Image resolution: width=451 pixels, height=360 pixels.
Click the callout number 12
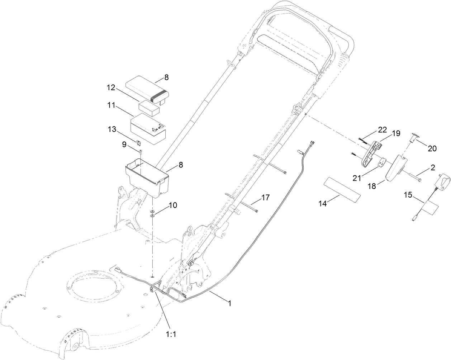point(111,87)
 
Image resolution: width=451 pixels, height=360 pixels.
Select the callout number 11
point(111,105)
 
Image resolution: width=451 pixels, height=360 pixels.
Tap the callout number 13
point(112,129)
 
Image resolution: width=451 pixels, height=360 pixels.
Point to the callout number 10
point(173,205)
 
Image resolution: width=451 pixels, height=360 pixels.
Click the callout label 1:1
point(171,334)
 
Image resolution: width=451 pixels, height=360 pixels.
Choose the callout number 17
point(265,198)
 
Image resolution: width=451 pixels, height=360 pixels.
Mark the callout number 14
point(323,203)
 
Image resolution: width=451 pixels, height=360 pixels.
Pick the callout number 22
point(382,130)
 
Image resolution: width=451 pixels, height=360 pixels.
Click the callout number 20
point(432,148)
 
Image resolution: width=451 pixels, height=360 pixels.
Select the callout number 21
point(357,178)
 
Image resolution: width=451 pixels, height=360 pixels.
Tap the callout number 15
point(408,195)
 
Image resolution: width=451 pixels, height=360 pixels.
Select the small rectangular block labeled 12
point(149,108)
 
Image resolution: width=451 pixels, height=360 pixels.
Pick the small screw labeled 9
point(141,153)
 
